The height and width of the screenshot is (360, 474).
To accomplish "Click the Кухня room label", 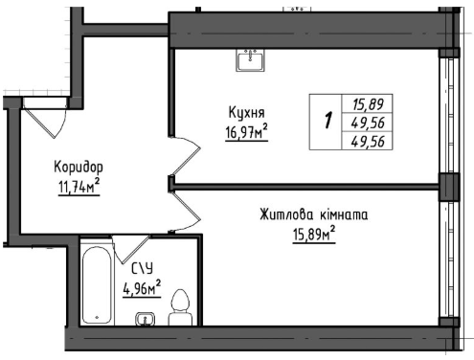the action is click(246, 113).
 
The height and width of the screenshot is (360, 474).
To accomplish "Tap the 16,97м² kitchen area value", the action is click(246, 132).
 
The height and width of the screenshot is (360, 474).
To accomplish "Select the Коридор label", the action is click(79, 168).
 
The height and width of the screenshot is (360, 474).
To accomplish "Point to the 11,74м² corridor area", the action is click(79, 187).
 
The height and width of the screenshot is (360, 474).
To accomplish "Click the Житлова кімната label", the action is click(313, 214).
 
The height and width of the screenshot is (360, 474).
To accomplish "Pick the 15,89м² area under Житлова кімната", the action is click(314, 235).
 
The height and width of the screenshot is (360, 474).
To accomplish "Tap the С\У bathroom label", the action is click(143, 268).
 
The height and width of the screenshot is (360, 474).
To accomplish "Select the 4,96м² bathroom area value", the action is click(142, 288).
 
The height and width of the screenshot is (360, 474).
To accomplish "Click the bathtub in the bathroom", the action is click(97, 285).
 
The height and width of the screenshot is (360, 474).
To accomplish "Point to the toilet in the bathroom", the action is click(180, 307).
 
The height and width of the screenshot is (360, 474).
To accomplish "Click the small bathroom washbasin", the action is click(146, 319).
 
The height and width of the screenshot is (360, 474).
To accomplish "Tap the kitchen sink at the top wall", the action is click(250, 59).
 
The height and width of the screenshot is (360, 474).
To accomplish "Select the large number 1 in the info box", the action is click(327, 121).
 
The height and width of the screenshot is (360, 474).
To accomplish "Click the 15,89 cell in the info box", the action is click(368, 104).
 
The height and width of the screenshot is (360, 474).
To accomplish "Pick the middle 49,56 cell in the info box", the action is click(368, 123).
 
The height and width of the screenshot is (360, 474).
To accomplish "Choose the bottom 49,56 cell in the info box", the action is click(368, 141).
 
